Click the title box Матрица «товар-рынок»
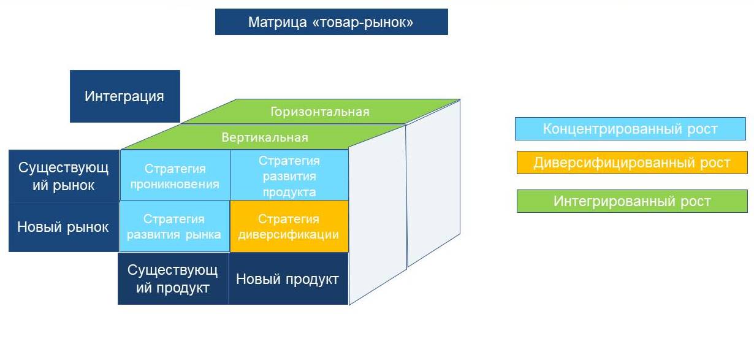(332, 22)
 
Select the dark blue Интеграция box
(125, 96)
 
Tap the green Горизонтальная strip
(320, 112)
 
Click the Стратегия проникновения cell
(175, 175)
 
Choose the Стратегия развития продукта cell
(289, 175)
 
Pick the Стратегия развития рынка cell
(174, 226)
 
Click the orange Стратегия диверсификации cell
(289, 226)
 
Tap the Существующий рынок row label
(64, 176)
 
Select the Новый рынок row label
(64, 227)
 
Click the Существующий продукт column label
(173, 279)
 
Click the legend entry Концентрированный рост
(630, 129)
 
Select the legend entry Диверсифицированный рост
(632, 163)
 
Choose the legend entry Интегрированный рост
(632, 201)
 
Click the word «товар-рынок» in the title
(363, 23)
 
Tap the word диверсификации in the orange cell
(289, 235)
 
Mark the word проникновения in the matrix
(175, 185)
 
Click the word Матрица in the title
(277, 23)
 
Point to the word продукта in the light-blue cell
(289, 193)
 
